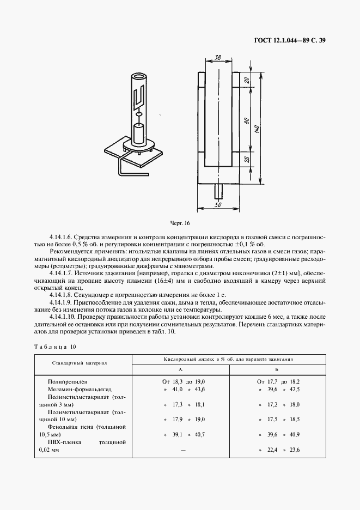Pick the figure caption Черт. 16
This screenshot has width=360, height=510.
(179, 223)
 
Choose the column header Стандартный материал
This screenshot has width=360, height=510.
(80, 362)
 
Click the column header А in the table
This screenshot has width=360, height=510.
(180, 369)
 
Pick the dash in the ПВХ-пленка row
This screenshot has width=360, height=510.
(183, 450)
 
